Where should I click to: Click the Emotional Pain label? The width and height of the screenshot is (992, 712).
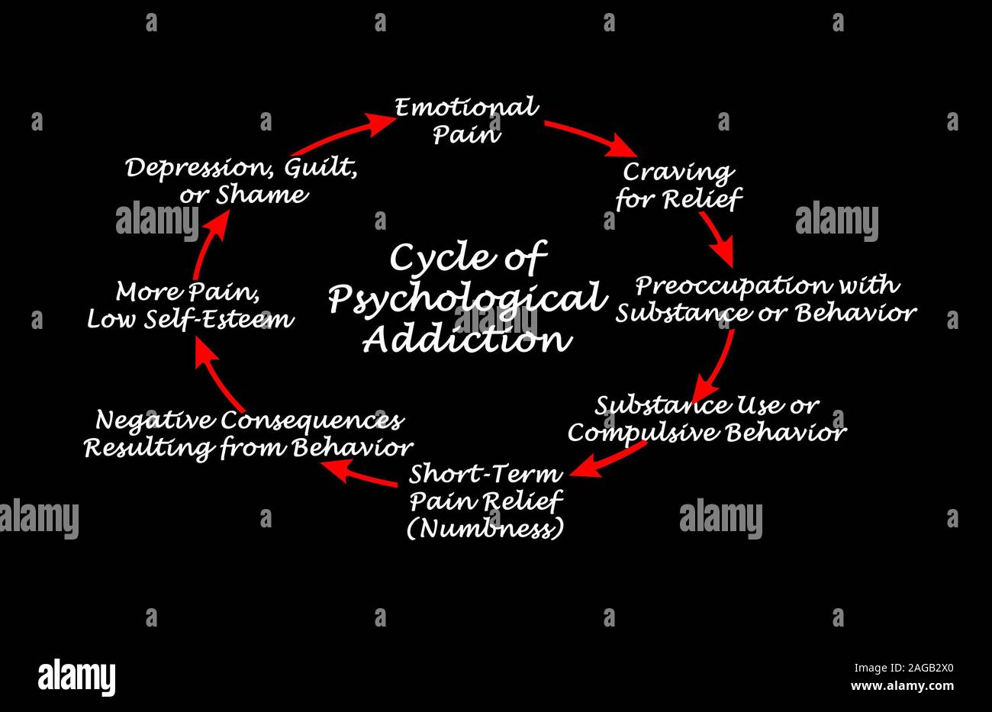[466, 121]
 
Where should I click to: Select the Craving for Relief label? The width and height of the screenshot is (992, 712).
[678, 185]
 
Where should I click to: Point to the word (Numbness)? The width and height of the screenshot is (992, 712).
[485, 528]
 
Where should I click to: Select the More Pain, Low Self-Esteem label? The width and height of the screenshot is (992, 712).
[190, 305]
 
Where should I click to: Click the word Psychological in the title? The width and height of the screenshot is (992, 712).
[467, 298]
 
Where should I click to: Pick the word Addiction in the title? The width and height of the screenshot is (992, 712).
[467, 340]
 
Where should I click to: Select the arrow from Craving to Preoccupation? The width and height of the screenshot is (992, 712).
[717, 238]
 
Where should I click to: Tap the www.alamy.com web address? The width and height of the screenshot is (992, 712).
[902, 686]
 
